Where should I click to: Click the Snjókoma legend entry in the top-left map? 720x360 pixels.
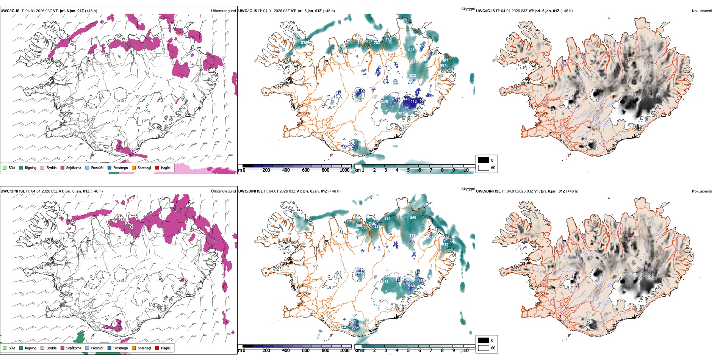pyautogui.click(x=74, y=168)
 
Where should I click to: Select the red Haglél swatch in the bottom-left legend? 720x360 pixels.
pyautogui.click(x=157, y=348)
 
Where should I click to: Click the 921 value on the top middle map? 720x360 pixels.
pyautogui.click(x=411, y=50)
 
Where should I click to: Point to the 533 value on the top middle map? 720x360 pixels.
pyautogui.click(x=413, y=76)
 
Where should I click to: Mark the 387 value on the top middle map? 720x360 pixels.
pyautogui.click(x=401, y=113)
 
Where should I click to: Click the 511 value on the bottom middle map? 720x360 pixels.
pyautogui.click(x=385, y=282)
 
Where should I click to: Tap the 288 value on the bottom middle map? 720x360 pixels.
pyautogui.click(x=412, y=286)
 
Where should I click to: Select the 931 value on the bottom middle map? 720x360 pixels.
pyautogui.click(x=387, y=219)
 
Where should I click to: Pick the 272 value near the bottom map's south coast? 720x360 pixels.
pyautogui.click(x=355, y=328)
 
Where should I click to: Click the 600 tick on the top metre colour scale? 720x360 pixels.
pyautogui.click(x=305, y=170)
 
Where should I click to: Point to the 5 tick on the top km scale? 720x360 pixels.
pyautogui.click(x=408, y=170)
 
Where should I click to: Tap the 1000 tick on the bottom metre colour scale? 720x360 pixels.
pyautogui.click(x=344, y=351)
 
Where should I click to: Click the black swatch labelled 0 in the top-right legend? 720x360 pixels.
pyautogui.click(x=484, y=160)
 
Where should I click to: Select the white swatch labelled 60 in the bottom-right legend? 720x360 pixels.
pyautogui.click(x=484, y=348)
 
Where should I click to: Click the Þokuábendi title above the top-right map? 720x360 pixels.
pyautogui.click(x=702, y=11)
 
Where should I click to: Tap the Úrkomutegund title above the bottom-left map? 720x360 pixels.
pyautogui.click(x=223, y=191)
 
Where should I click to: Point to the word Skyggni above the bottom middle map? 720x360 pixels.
pyautogui.click(x=468, y=189)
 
